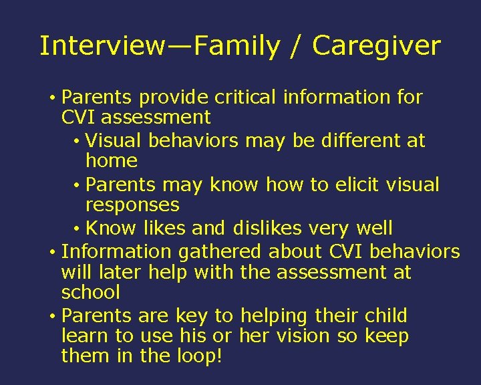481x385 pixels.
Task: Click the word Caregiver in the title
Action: (x=376, y=47)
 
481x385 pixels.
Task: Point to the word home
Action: (x=112, y=161)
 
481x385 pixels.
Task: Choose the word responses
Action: (x=132, y=205)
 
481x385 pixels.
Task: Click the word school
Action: (x=90, y=293)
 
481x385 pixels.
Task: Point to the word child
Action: (x=385, y=316)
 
